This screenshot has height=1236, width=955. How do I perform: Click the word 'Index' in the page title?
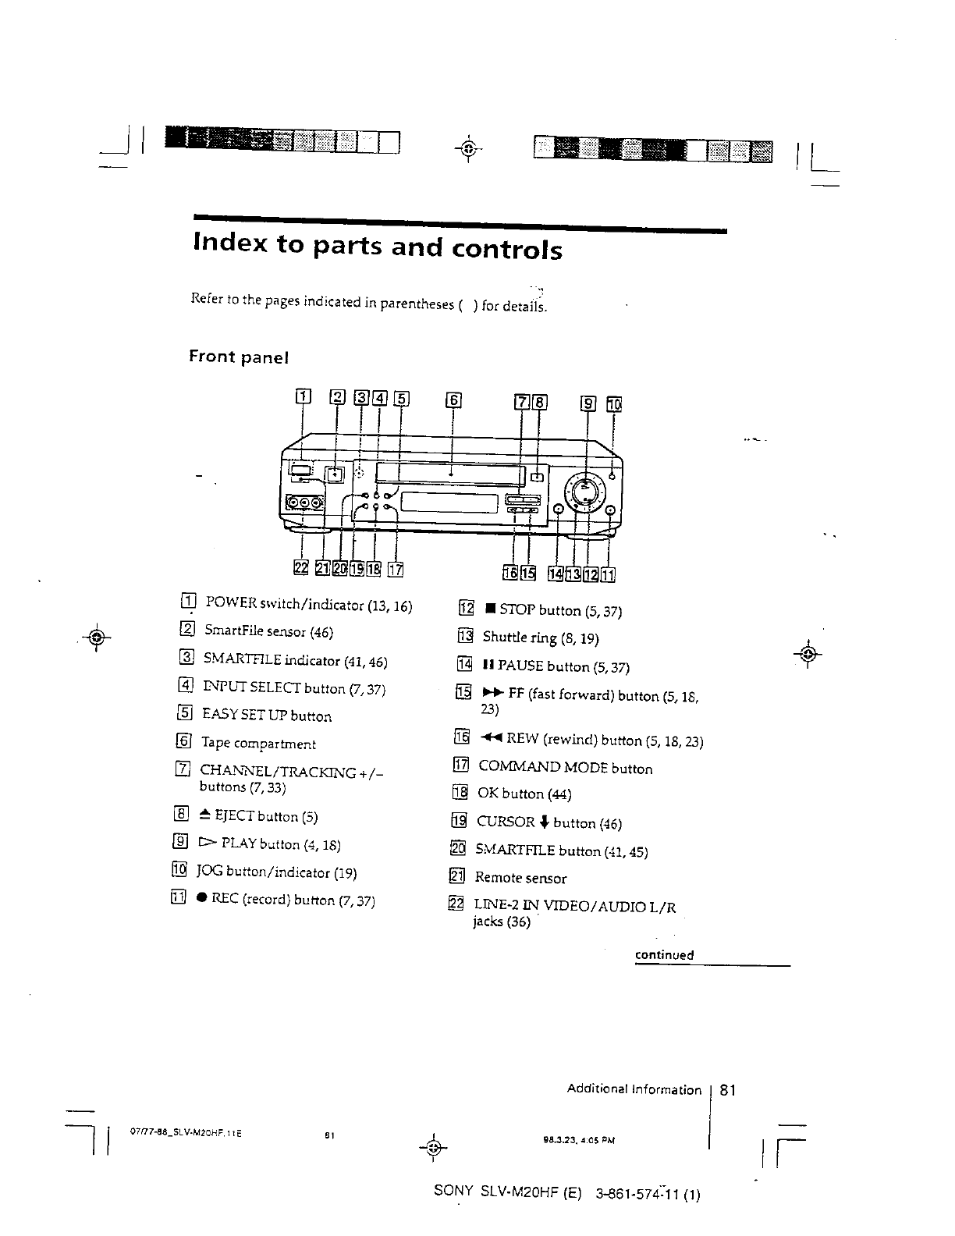coord(227,245)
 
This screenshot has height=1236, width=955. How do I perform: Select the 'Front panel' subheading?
coord(239,357)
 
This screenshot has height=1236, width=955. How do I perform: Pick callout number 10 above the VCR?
coord(614,403)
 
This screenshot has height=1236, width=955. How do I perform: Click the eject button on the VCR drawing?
coord(538,477)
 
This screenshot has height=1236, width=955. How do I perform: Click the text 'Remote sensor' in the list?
coord(520,878)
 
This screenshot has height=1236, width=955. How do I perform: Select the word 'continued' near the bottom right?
coord(664,955)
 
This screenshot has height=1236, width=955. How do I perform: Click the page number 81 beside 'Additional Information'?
coord(728,1089)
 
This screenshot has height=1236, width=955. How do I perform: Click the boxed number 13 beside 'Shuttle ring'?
coord(465,637)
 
